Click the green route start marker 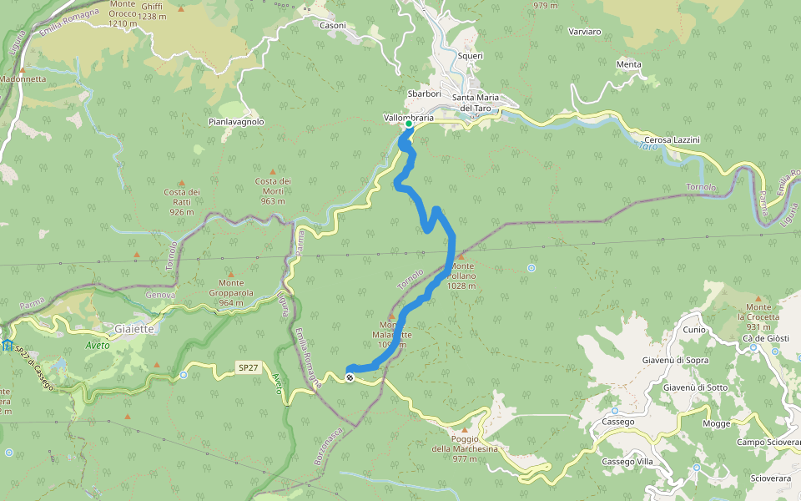click(x=409, y=124)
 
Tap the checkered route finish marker click(x=350, y=377)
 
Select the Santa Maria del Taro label click(x=476, y=103)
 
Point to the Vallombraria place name click(x=409, y=118)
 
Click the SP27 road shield click(x=248, y=367)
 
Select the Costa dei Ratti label click(x=181, y=202)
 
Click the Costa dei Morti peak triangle click(x=272, y=171)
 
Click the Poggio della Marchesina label click(x=464, y=444)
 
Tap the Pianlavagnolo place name click(x=236, y=121)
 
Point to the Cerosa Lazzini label click(x=672, y=139)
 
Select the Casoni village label click(x=333, y=25)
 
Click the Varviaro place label click(x=584, y=32)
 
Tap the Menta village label click(x=628, y=64)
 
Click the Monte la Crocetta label click(x=758, y=316)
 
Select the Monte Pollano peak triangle click(x=459, y=257)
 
